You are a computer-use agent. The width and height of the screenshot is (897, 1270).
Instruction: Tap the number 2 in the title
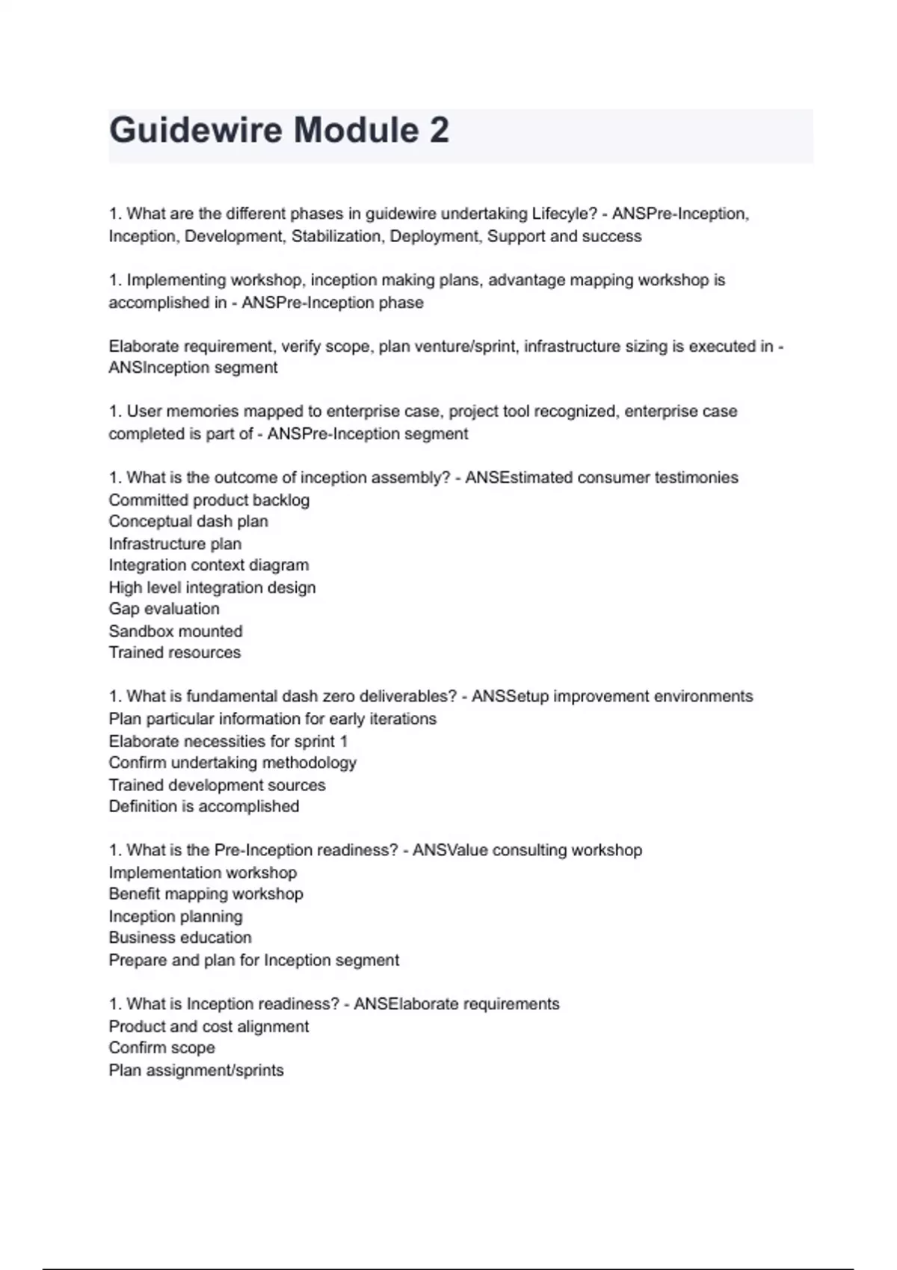click(x=440, y=130)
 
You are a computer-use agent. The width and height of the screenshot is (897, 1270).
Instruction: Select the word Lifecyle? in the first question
click(x=564, y=214)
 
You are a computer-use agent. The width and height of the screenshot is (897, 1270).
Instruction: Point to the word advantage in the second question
click(x=523, y=280)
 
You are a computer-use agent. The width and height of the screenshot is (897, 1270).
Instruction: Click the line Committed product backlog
click(x=209, y=500)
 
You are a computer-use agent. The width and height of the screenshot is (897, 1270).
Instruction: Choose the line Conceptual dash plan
click(x=188, y=521)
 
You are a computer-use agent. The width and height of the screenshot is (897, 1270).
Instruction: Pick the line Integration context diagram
click(x=209, y=566)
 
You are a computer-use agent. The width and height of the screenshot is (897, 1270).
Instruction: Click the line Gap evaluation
click(x=164, y=609)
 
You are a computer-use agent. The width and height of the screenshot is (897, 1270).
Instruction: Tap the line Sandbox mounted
click(x=176, y=631)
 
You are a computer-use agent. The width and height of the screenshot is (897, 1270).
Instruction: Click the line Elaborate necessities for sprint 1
click(x=228, y=741)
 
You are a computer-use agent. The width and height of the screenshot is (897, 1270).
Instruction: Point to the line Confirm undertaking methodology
click(x=232, y=763)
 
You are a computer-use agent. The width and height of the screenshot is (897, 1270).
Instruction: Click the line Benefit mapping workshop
click(x=206, y=894)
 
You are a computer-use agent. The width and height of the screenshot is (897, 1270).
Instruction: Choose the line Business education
click(x=180, y=938)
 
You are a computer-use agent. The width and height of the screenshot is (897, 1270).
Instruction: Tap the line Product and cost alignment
click(x=209, y=1026)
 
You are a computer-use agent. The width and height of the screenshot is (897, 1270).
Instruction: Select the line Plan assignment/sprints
click(x=197, y=1071)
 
